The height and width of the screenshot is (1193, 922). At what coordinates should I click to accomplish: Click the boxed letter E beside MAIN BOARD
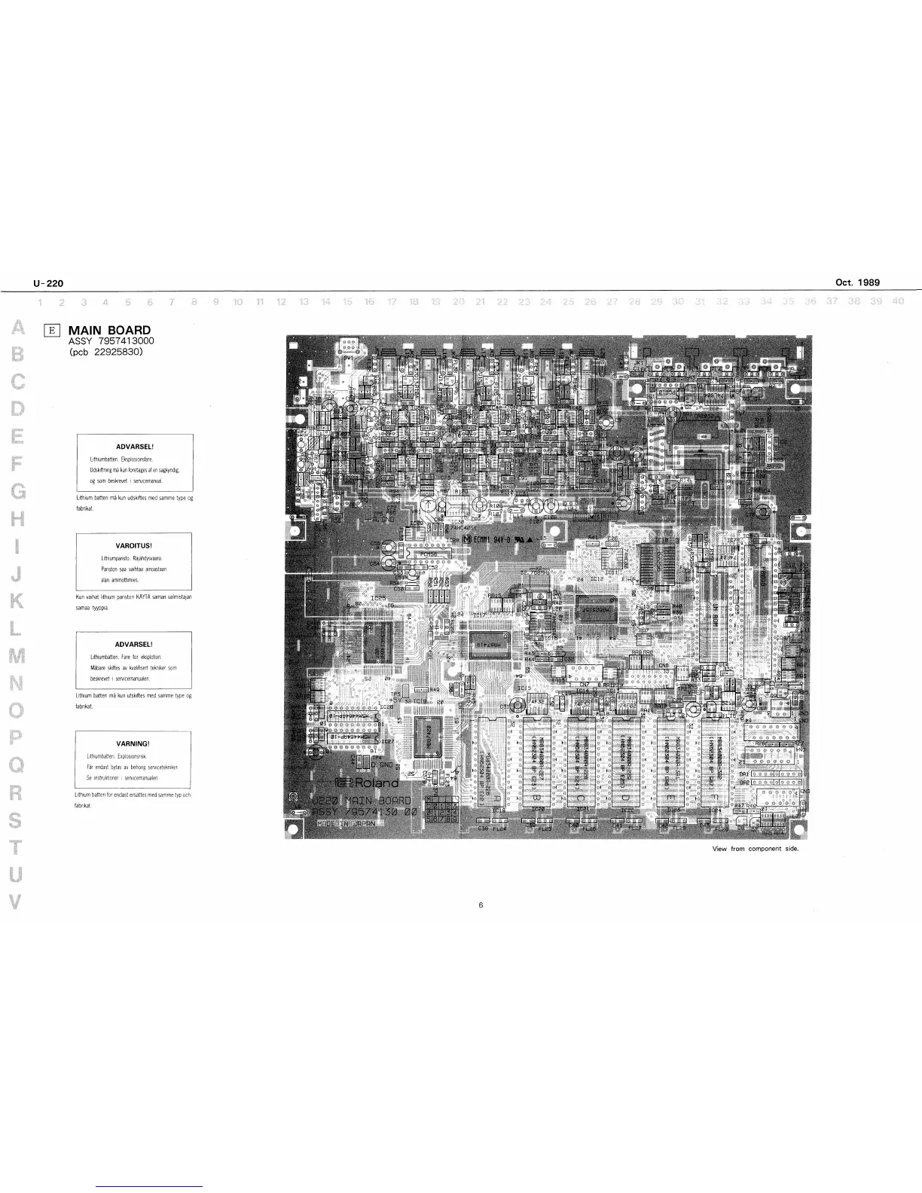point(52,329)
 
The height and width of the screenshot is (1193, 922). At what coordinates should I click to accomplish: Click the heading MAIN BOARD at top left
point(109,330)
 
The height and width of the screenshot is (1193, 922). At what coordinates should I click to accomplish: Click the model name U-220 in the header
point(47,283)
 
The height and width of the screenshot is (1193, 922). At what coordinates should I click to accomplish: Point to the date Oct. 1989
point(857,283)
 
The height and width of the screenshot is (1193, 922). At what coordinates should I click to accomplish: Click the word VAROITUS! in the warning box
point(134,544)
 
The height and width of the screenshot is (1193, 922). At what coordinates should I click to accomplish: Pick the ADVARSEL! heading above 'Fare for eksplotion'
point(133,645)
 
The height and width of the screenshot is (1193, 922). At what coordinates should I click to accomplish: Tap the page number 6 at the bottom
point(480,905)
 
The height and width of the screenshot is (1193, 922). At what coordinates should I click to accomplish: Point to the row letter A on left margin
point(16,328)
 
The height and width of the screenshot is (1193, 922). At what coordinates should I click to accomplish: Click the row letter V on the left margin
point(17,902)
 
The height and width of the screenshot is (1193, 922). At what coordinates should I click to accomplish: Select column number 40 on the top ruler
point(897,302)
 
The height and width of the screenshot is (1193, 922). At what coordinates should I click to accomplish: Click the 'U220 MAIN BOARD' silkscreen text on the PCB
point(361,799)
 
